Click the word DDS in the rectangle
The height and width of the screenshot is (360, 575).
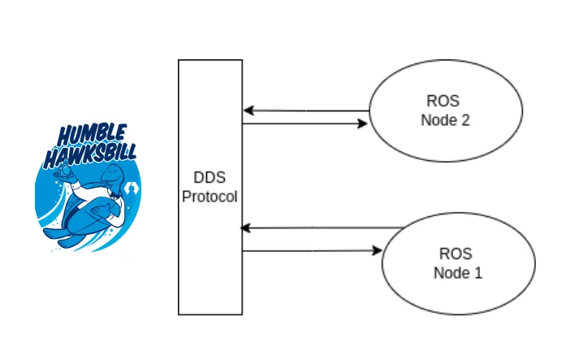click(x=210, y=180)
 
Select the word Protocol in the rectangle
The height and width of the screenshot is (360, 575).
click(x=210, y=197)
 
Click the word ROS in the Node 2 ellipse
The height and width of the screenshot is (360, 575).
click(x=442, y=102)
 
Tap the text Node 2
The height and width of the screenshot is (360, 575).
click(x=446, y=120)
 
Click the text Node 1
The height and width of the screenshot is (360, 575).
click(x=457, y=272)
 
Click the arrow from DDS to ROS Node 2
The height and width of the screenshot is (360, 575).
click(x=305, y=124)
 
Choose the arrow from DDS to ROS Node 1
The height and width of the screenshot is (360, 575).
click(x=312, y=252)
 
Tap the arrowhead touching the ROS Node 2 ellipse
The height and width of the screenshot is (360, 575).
click(x=362, y=124)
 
